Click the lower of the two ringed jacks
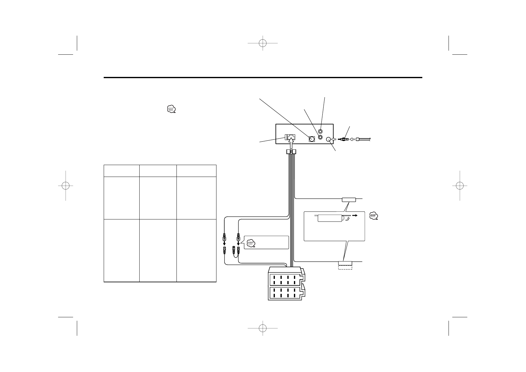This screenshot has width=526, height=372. [x=320, y=137]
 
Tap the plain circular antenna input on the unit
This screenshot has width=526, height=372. [x=328, y=140]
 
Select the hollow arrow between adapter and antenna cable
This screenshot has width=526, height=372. [x=352, y=139]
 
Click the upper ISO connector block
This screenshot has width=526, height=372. [x=286, y=279]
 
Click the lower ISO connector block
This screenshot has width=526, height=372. [x=286, y=293]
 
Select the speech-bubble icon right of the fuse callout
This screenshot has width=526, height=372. [x=374, y=216]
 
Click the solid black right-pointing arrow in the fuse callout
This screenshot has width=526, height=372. [x=355, y=215]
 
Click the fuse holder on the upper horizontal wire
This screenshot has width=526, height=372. [x=349, y=199]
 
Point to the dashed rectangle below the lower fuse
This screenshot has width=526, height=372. [x=345, y=267]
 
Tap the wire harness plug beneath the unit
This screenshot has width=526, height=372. [x=291, y=152]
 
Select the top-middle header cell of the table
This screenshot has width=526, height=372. [x=158, y=171]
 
